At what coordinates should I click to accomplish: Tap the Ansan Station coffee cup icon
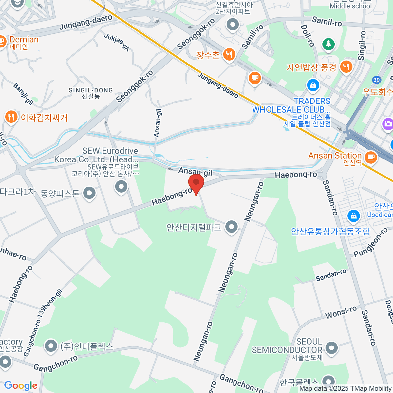[x=371, y=157]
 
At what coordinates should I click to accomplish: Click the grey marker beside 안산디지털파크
[x=232, y=226]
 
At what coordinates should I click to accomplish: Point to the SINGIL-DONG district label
[x=91, y=90]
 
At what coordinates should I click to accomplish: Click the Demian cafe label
[x=24, y=40]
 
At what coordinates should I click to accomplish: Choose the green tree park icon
[x=328, y=44]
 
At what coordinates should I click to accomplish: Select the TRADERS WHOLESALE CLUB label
[x=291, y=105]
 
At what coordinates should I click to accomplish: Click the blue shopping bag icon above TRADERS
[x=313, y=85]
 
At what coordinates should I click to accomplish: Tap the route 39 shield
[x=376, y=80]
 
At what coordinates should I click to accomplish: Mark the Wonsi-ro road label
[x=341, y=312]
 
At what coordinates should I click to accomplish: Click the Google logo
[x=21, y=386]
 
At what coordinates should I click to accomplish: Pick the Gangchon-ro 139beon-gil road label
[x=43, y=323]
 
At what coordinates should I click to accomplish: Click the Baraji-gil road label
[x=23, y=94]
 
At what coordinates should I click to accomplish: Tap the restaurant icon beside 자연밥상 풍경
[x=346, y=67]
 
